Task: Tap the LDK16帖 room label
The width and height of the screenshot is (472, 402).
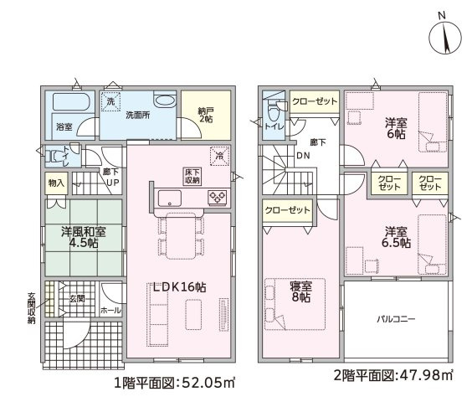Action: (179, 287)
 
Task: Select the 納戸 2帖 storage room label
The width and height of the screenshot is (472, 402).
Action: (206, 115)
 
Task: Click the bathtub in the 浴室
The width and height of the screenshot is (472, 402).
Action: (71, 101)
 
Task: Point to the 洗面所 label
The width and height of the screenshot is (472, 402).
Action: (137, 115)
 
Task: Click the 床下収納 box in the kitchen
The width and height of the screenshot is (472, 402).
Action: (192, 177)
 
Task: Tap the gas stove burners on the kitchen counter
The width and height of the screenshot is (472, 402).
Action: (218, 197)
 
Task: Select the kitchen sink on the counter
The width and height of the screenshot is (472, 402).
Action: (170, 198)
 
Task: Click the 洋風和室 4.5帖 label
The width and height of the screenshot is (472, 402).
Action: (84, 237)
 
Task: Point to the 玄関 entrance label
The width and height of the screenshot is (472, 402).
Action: (77, 299)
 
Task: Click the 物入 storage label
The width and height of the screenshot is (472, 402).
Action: (56, 183)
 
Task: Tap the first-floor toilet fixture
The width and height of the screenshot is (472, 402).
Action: (54, 156)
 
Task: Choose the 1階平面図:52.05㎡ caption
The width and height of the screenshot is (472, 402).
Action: (174, 383)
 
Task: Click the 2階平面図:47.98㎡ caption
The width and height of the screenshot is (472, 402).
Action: (393, 375)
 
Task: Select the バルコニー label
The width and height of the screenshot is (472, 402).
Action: (396, 319)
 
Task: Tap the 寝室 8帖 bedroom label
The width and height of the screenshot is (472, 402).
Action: (300, 291)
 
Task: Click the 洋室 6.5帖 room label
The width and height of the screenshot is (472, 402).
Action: (396, 237)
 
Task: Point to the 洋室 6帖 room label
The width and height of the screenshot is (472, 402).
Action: (396, 128)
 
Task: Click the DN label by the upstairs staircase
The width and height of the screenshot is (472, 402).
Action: (303, 156)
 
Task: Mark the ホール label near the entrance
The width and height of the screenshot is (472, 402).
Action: (110, 310)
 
